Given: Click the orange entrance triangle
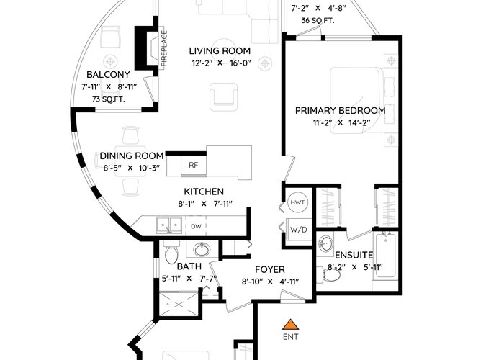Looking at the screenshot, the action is [291, 325].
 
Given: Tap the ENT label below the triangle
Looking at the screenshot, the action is [291, 337].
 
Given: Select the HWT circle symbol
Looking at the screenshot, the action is [297, 202].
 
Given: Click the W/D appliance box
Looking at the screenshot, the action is [299, 230].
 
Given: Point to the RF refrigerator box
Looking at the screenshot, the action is [194, 165].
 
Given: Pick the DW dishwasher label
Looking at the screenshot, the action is [196, 227].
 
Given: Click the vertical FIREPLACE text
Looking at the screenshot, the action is [164, 48].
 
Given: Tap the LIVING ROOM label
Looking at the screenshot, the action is [220, 51].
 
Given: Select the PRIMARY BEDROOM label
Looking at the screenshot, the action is [341, 111].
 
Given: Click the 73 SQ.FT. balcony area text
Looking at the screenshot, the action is [109, 99].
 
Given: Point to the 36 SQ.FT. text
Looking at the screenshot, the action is [318, 21].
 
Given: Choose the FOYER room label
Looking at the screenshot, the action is [270, 269].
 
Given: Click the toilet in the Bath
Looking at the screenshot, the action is [171, 253].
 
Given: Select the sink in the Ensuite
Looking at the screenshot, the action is [325, 243].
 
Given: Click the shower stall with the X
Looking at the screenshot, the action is [179, 304].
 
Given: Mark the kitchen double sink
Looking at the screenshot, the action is [169, 224].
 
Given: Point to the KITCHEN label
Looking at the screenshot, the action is [204, 192].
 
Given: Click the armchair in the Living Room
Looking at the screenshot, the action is [224, 96].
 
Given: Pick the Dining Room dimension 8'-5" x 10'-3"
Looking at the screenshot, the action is [132, 168].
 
